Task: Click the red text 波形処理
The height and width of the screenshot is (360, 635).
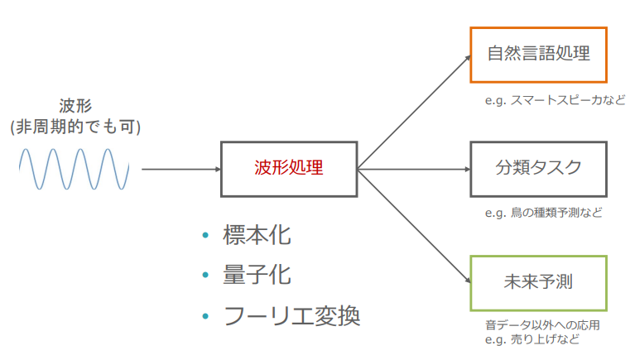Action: pyautogui.click(x=289, y=169)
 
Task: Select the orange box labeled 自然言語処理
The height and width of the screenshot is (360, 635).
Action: pyautogui.click(x=538, y=55)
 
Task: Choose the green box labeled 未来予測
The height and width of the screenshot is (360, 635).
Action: pyautogui.click(x=538, y=282)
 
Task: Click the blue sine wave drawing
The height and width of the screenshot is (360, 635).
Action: pyautogui.click(x=75, y=169)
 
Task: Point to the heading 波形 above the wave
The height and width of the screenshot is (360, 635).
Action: pyautogui.click(x=75, y=106)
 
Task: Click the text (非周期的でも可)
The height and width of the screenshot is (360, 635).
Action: pyautogui.click(x=75, y=127)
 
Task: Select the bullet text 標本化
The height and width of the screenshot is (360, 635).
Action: pyautogui.click(x=257, y=236)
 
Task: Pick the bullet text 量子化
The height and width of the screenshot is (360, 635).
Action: pyautogui.click(x=257, y=275)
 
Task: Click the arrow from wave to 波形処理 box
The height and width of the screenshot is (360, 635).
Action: pyautogui.click(x=180, y=169)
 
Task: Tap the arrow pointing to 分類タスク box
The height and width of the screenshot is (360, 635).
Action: pyautogui.click(x=414, y=169)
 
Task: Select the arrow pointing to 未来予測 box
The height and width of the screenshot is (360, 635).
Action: pyautogui.click(x=414, y=228)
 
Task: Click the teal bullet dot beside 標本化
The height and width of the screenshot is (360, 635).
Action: pyautogui.click(x=206, y=237)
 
